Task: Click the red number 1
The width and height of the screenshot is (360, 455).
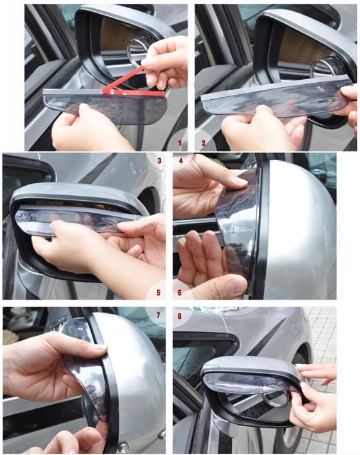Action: coord(180,142)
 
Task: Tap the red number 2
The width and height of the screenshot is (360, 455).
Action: coord(204,142)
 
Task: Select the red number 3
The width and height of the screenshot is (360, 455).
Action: coord(159,161)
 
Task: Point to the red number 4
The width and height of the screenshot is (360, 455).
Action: coord(181,161)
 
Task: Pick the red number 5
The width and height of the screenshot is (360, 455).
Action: coord(158,292)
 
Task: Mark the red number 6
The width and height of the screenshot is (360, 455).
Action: coord(179,292)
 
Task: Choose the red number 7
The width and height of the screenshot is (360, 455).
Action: coord(158,315)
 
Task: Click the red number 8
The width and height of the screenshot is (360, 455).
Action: coord(179,316)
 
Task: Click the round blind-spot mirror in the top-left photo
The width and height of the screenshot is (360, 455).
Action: coord(138,48)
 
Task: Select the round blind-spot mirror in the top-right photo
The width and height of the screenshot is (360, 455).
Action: coord(322,69)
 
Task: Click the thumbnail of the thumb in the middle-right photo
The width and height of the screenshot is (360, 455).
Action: coord(236,286)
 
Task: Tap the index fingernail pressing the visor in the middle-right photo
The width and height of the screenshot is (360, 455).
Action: coord(241,181)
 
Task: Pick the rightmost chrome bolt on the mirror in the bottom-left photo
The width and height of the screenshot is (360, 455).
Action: coord(162,435)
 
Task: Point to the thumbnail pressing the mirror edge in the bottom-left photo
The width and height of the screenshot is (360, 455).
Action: coord(100,347)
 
